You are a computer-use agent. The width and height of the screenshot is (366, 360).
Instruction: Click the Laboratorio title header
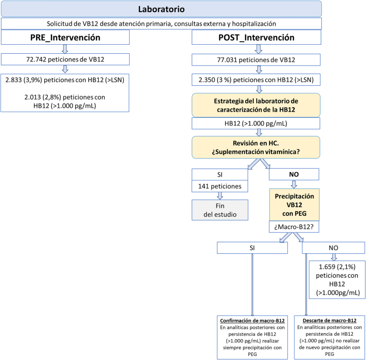coord(161,9)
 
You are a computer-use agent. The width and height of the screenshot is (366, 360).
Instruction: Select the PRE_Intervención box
coord(65,37)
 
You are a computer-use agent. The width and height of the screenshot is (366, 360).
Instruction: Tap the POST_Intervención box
coord(256,37)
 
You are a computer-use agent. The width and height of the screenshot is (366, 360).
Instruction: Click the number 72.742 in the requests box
coord(36,59)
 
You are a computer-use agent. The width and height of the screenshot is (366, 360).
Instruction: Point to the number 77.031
coord(227,60)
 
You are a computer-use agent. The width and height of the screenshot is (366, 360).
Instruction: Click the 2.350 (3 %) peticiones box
coord(256,80)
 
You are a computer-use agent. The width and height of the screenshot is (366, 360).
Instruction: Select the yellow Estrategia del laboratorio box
coord(256,105)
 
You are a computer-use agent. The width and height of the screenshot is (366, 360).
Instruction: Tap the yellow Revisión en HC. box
coord(256,147)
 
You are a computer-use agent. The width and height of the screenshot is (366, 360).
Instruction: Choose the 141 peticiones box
coord(220,186)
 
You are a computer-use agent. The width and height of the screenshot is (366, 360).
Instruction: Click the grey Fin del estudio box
coord(220,210)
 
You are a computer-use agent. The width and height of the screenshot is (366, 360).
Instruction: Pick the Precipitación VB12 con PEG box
coord(294,205)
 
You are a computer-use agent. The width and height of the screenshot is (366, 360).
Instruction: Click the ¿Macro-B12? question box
coord(294,226)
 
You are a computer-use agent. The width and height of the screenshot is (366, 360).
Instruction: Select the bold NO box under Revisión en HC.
coord(294,174)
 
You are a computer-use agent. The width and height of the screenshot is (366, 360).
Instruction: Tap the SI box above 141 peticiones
coord(220,174)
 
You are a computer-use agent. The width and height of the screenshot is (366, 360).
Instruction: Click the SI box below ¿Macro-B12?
coord(252,248)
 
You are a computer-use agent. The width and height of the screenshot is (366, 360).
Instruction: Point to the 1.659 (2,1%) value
coord(337,267)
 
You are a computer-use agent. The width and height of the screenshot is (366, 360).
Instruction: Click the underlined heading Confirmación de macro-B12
coord(252,320)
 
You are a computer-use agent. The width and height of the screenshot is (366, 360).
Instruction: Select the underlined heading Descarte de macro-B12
coord(329,320)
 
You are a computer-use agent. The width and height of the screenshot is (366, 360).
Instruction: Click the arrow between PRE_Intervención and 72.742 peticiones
coord(65,49)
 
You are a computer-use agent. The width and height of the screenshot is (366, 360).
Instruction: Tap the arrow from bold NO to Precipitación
coord(294,184)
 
